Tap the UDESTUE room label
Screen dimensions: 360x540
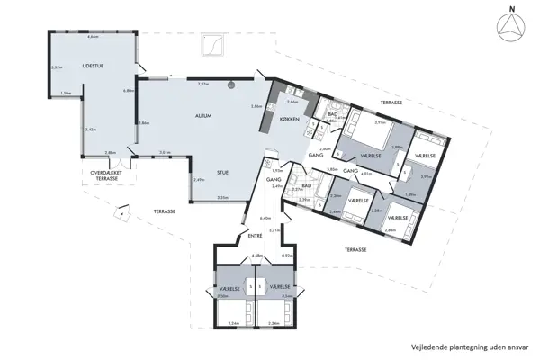(x=93, y=66)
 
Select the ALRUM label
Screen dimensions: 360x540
(x=203, y=117)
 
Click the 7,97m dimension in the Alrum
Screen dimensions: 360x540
(x=202, y=83)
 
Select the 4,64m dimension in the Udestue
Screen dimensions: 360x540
(x=93, y=37)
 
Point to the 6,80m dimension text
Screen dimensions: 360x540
(x=127, y=90)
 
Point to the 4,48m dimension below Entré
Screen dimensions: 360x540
(x=256, y=256)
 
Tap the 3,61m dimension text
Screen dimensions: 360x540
(x=165, y=152)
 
